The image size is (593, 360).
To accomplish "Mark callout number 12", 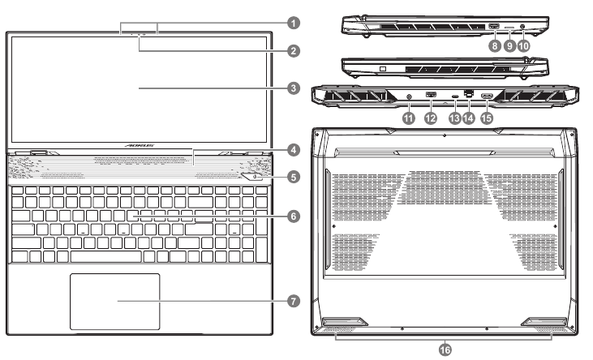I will pyautogui.click(x=431, y=118).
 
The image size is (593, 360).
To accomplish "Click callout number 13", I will pyautogui.click(x=454, y=118).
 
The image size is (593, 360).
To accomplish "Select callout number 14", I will pyautogui.click(x=468, y=118).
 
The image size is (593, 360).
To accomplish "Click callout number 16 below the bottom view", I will pyautogui.click(x=445, y=349).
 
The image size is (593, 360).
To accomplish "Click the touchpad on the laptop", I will pyautogui.click(x=114, y=300).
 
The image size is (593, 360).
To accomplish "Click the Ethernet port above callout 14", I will pyautogui.click(x=468, y=95).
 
